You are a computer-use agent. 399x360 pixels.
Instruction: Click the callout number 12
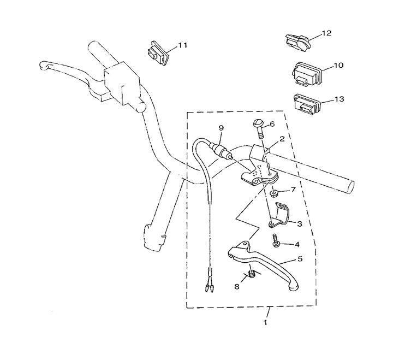(x=326, y=33)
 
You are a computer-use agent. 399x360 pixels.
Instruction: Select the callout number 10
(x=338, y=66)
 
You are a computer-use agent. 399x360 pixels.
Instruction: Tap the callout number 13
(x=339, y=99)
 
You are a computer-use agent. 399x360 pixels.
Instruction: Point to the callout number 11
(x=182, y=44)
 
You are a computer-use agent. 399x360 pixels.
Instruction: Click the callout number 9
(x=221, y=128)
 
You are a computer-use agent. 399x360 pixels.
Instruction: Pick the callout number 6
(x=287, y=124)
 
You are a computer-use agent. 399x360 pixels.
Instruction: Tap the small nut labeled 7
(x=274, y=193)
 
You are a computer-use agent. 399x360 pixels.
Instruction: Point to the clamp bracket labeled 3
(x=279, y=214)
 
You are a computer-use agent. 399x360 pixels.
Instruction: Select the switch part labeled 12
(x=297, y=40)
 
